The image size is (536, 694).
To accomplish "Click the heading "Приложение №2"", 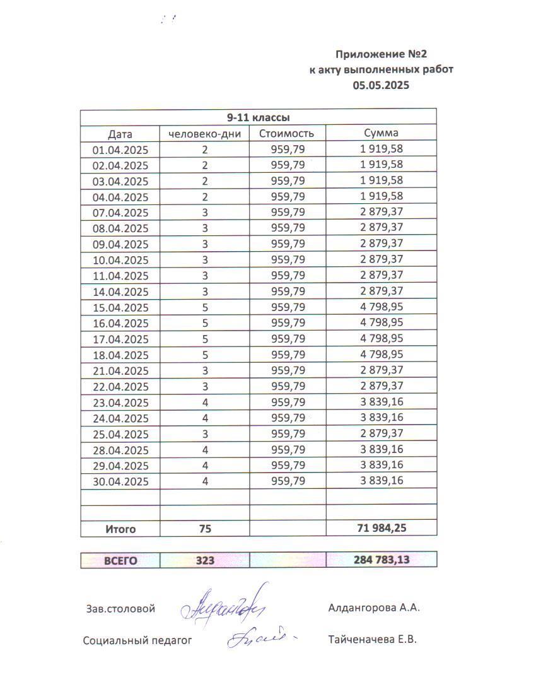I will click(x=385, y=54).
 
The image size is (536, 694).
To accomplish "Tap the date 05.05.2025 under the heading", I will click(x=381, y=85).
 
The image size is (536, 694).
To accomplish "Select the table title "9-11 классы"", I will click(x=259, y=117).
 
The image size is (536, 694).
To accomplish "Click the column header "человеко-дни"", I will click(x=204, y=134).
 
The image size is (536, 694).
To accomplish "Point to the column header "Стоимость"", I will click(x=287, y=134).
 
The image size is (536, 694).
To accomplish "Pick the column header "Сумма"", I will click(x=381, y=133).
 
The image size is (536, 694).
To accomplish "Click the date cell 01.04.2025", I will click(x=120, y=150).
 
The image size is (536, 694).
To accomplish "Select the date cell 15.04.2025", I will click(x=120, y=308).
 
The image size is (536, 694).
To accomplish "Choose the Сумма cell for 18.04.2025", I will click(x=381, y=355).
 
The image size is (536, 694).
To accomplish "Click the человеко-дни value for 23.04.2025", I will click(x=204, y=403).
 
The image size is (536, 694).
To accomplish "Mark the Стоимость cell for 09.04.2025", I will click(x=288, y=244).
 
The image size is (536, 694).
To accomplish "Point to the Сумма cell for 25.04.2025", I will click(x=381, y=434).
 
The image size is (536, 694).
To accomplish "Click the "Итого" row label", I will click(x=120, y=529).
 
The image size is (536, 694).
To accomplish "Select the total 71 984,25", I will click(x=381, y=529).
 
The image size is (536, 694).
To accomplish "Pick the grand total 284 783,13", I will click(x=381, y=560).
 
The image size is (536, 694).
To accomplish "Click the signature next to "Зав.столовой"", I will click(x=224, y=608).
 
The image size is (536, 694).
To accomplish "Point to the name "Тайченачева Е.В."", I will click(x=372, y=639).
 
